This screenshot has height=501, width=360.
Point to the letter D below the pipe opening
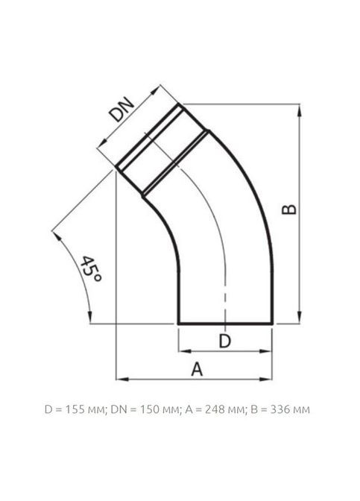[224, 341]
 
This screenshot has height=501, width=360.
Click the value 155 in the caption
[74, 409]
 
